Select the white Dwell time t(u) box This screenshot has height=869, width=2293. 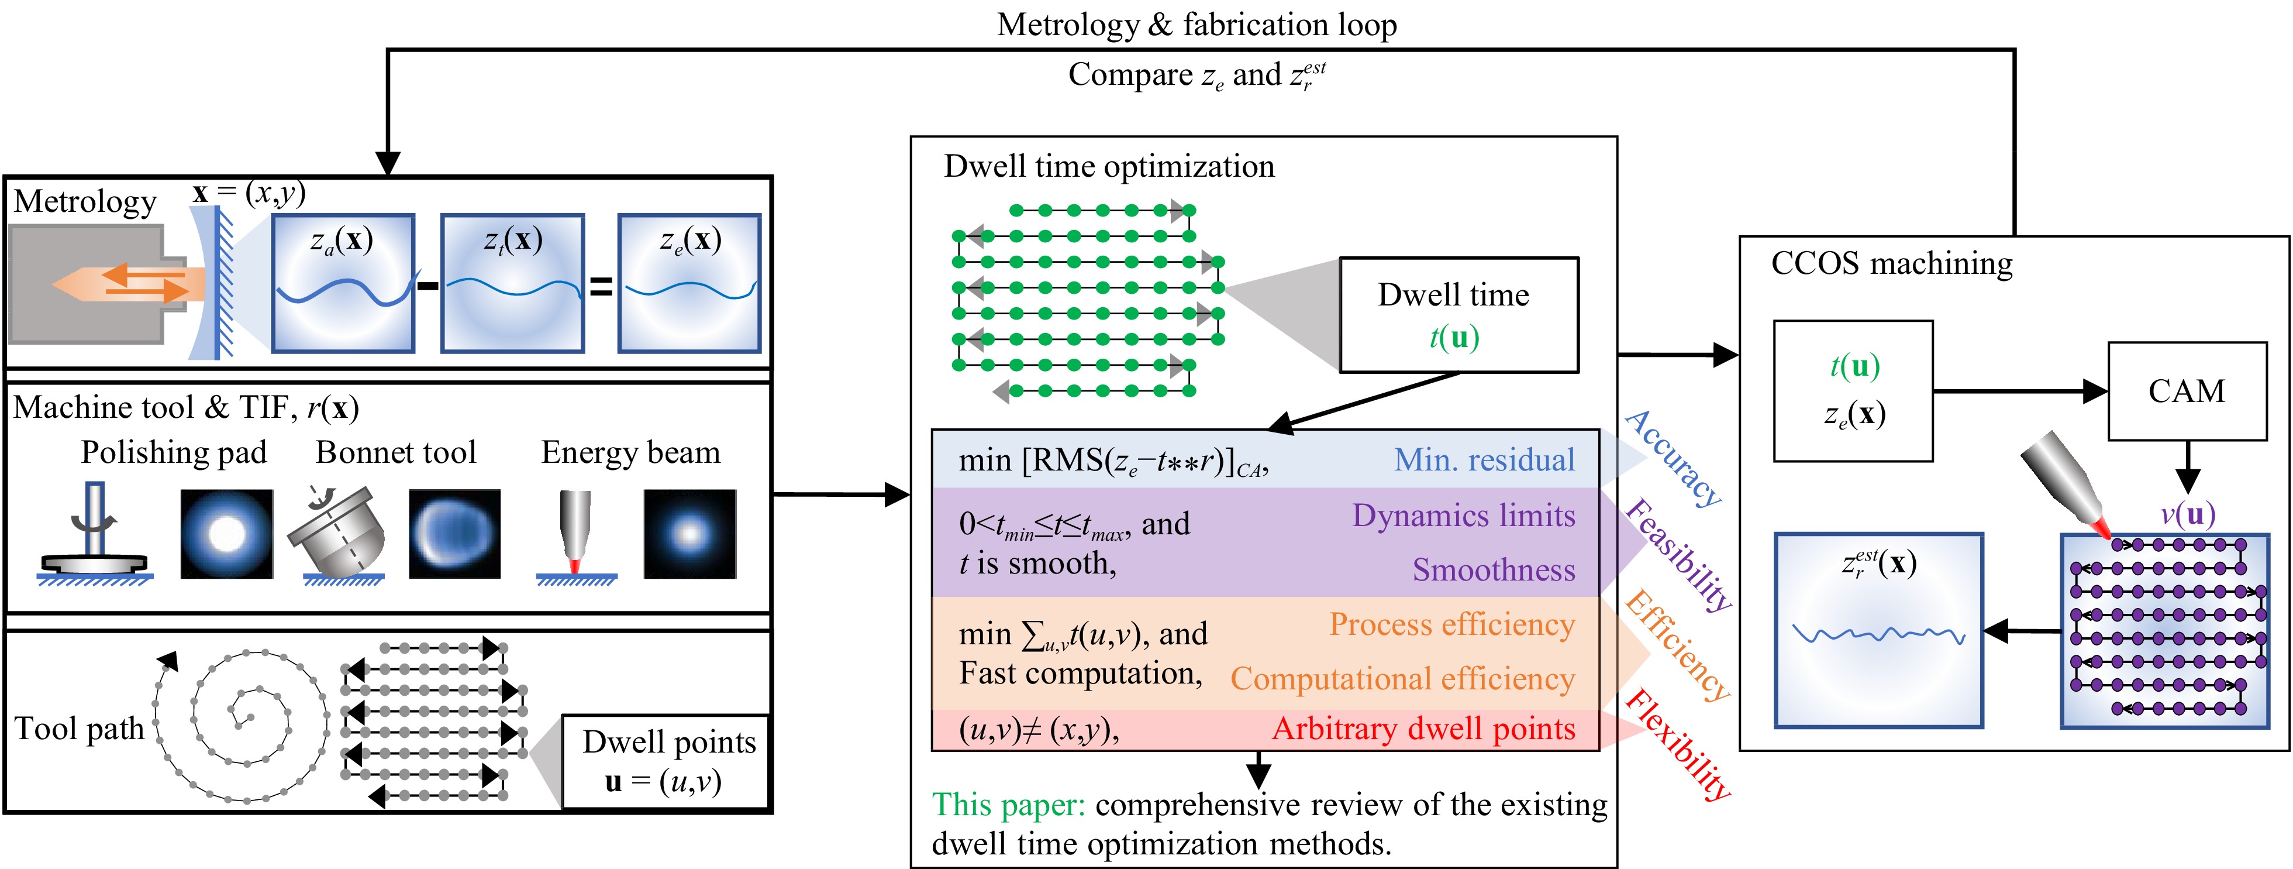click(1458, 315)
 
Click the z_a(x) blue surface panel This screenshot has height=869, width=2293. click(343, 283)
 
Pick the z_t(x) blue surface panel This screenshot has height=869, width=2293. click(513, 283)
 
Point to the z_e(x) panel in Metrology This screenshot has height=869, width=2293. click(690, 283)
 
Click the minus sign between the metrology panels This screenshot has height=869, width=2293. click(428, 286)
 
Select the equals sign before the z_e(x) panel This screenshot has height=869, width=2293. click(602, 286)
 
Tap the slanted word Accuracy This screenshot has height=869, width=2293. click(1674, 459)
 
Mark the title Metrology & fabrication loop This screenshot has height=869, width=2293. click(1197, 25)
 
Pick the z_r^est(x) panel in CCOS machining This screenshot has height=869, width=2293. click(1878, 630)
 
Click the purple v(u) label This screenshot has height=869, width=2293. click(2187, 514)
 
